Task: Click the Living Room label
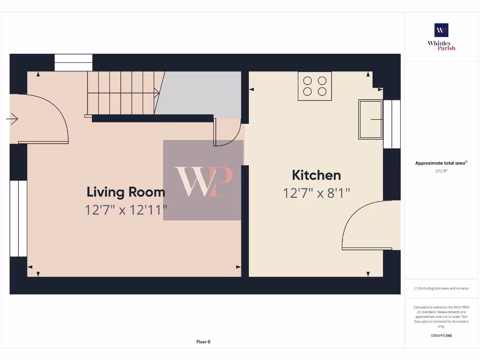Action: [x=126, y=192]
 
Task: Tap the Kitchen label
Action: [x=316, y=175]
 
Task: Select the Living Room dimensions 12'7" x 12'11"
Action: [x=126, y=210]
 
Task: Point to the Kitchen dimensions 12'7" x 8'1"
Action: [x=316, y=193]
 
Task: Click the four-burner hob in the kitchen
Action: [x=315, y=86]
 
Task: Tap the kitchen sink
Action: [x=370, y=119]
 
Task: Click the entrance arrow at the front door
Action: [x=12, y=120]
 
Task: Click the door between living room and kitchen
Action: [x=227, y=134]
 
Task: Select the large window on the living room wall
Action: [x=18, y=218]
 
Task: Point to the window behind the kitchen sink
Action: [x=392, y=124]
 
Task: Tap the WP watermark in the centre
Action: [x=203, y=180]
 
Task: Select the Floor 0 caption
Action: [x=203, y=342]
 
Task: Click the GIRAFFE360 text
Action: [x=441, y=336]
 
